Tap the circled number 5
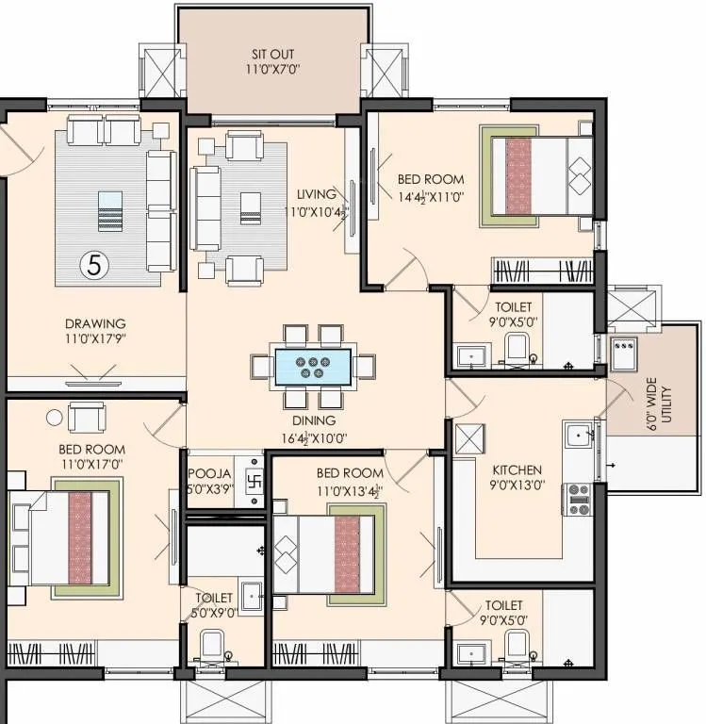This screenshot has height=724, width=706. (x=93, y=265)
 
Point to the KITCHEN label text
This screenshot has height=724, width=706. (x=517, y=469)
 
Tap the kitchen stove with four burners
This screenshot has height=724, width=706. (x=577, y=499)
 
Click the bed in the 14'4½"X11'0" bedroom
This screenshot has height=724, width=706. (x=538, y=175)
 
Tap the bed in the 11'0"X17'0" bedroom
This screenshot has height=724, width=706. (x=66, y=538)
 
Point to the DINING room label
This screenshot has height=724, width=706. (x=313, y=420)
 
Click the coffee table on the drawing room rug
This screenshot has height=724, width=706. (x=110, y=208)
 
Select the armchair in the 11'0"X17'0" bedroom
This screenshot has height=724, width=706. (x=86, y=415)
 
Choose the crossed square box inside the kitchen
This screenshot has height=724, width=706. (x=468, y=438)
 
